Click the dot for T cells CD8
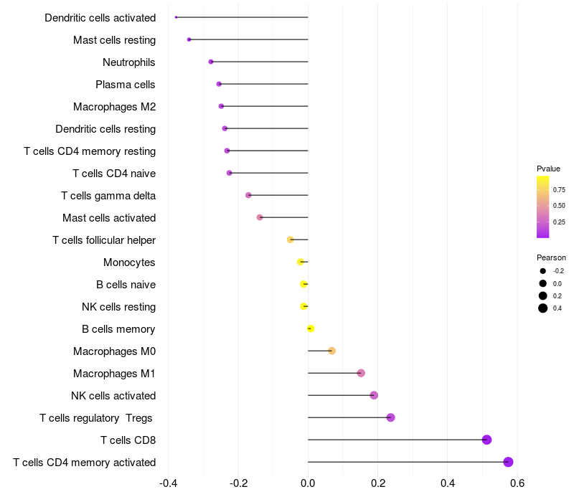click(486, 440)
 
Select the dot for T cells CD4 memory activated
click(508, 462)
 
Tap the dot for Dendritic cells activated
click(176, 17)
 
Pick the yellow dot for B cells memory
click(311, 328)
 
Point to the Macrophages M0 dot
click(331, 351)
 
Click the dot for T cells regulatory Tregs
click(390, 417)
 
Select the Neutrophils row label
click(129, 62)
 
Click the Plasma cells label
click(126, 85)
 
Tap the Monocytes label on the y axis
click(129, 262)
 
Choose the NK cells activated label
click(113, 396)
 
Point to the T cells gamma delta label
click(108, 196)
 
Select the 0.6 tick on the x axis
click(517, 483)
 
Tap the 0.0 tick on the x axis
click(308, 483)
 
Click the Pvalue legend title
click(548, 169)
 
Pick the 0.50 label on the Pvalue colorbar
click(558, 206)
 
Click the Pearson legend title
click(551, 257)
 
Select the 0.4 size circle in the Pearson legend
click(543, 308)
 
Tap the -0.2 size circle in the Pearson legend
click(543, 271)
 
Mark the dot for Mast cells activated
click(260, 217)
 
